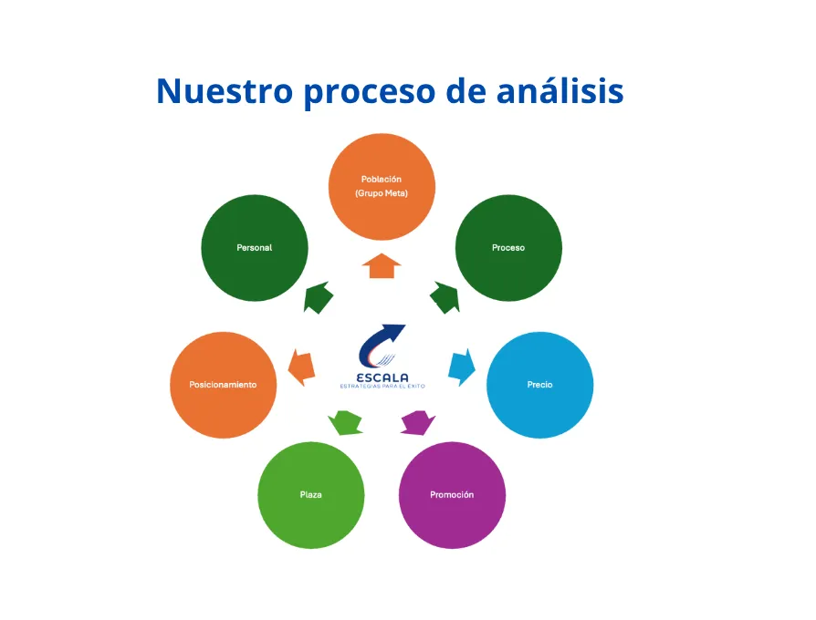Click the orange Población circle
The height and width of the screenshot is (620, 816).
tap(382, 186)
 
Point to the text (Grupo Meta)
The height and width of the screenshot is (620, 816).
tap(382, 193)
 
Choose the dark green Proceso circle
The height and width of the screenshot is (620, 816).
tap(508, 248)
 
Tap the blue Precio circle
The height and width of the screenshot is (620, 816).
tap(539, 385)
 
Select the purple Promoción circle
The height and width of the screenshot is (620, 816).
tap(452, 495)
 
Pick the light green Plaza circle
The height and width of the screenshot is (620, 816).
tap(311, 495)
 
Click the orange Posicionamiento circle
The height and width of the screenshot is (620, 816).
tap(223, 385)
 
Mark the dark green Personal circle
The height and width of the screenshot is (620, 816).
tap(255, 248)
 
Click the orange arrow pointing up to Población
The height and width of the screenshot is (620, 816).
tap(382, 266)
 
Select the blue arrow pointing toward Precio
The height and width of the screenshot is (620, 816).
tap(463, 367)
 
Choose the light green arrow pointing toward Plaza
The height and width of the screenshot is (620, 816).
tap(345, 422)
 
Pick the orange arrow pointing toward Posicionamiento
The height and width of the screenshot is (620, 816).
tap(300, 366)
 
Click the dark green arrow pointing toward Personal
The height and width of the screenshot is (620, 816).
tap(319, 297)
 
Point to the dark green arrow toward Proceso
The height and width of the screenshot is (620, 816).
tap(445, 297)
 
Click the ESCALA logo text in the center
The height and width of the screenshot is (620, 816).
tap(382, 377)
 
